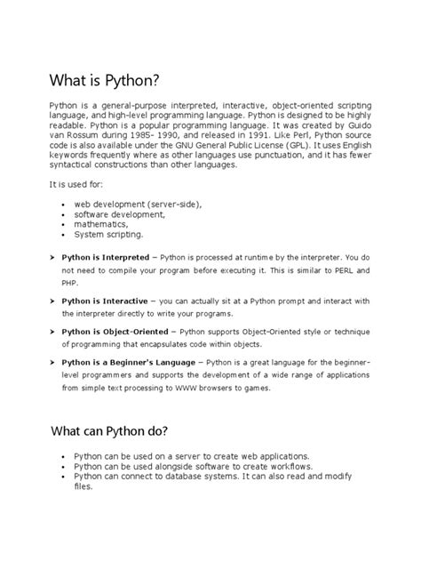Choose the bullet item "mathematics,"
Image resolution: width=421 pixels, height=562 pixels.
tap(102, 224)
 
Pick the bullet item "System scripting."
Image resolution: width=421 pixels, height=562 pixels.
tap(108, 235)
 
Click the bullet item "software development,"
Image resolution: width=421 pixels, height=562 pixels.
tap(120, 214)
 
